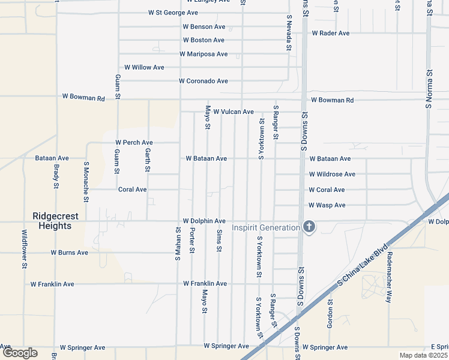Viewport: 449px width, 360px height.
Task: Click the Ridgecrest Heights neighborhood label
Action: click(x=52, y=221)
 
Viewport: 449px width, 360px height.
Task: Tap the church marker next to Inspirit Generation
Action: click(x=309, y=227)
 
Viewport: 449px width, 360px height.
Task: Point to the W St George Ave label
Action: click(x=173, y=13)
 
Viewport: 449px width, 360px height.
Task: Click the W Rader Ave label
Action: click(x=330, y=33)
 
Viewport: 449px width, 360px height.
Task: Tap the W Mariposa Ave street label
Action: click(x=203, y=54)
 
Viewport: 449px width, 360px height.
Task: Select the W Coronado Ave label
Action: click(x=203, y=81)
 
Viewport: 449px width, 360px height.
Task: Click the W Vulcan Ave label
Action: click(x=234, y=112)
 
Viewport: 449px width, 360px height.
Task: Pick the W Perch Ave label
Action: click(x=134, y=143)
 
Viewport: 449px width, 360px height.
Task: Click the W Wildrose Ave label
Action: click(x=332, y=175)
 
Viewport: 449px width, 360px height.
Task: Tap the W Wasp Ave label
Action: click(x=327, y=205)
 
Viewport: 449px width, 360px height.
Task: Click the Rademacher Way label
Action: click(x=389, y=277)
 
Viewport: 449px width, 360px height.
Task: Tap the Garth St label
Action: click(x=147, y=161)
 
